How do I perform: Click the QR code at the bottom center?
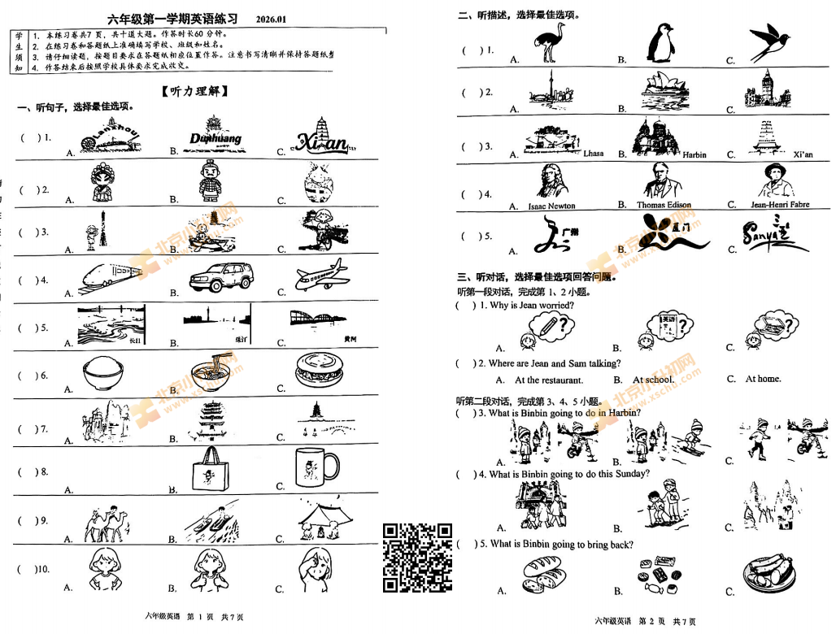pyautogui.click(x=417, y=558)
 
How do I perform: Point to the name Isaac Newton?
pyautogui.click(x=551, y=206)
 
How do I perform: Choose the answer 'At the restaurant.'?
pyautogui.click(x=548, y=380)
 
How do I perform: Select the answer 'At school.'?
pyautogui.click(x=653, y=380)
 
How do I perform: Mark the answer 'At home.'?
pyautogui.click(x=763, y=379)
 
